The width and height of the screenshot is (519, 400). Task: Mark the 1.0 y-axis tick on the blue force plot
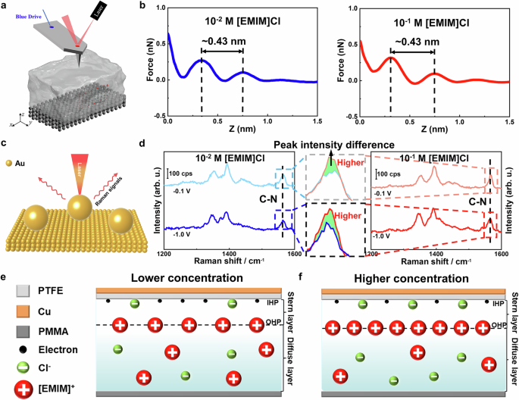[x=158, y=8]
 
